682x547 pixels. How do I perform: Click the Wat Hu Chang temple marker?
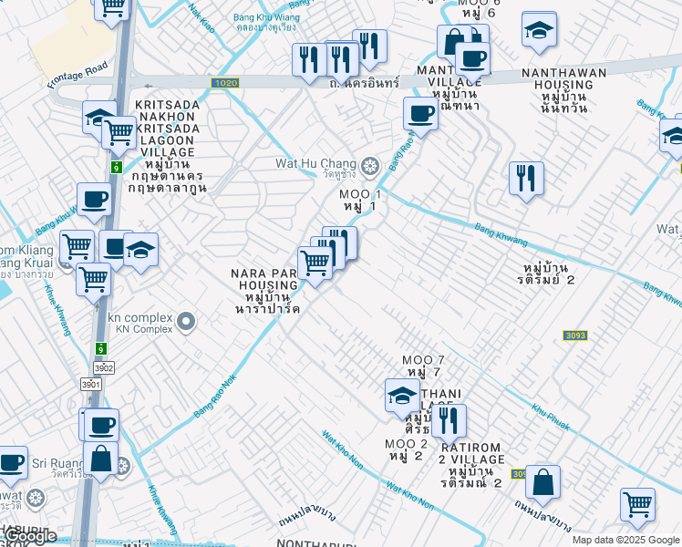coord(369,165)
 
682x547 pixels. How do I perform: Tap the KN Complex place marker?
coord(187,321)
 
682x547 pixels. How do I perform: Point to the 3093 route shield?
coord(574,335)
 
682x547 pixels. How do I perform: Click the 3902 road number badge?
coord(103,367)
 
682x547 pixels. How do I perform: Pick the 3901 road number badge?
coord(90,385)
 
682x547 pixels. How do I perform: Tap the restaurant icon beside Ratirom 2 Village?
coord(448,420)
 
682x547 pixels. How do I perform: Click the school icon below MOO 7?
coord(401,395)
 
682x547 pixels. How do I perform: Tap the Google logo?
coord(30,536)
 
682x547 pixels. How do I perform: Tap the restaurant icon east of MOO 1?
coord(525,178)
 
